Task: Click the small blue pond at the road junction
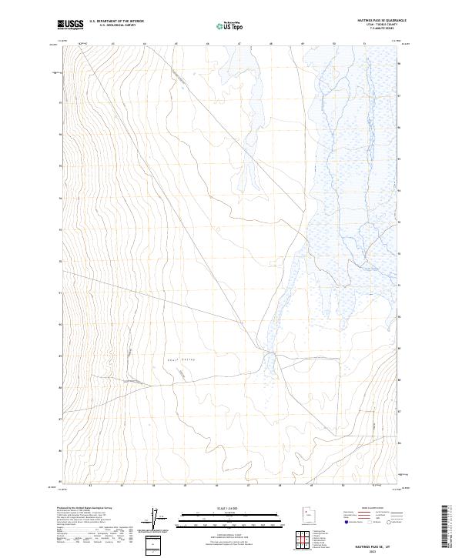point(268,356)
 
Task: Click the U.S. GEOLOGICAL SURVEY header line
point(112,25)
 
